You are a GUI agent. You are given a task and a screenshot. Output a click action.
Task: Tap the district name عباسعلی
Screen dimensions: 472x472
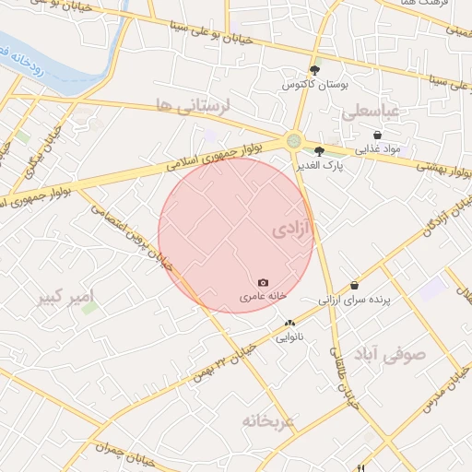point(370,112)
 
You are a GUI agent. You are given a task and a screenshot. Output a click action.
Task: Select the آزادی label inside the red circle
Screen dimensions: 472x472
point(293,230)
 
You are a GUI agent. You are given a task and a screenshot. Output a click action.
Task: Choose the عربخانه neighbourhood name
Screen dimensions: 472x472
point(267,420)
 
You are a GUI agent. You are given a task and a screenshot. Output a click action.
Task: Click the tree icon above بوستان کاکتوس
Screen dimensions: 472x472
point(315,70)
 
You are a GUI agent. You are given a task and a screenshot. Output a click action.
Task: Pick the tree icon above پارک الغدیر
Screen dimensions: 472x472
point(319,150)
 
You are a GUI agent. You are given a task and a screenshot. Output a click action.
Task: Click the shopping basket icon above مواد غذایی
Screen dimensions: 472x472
point(377,135)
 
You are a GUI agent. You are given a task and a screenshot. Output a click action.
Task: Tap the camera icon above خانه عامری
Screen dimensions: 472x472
point(264,282)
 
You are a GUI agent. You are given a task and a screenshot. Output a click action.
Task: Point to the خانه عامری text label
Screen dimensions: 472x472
point(264,297)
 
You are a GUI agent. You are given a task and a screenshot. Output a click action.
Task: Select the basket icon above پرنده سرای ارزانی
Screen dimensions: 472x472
point(355,286)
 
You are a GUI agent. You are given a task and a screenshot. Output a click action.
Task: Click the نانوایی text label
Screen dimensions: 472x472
point(289,337)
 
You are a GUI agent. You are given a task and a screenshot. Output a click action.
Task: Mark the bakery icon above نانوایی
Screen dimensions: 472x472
point(289,324)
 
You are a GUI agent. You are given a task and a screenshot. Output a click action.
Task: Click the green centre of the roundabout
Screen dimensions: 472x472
point(294,141)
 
